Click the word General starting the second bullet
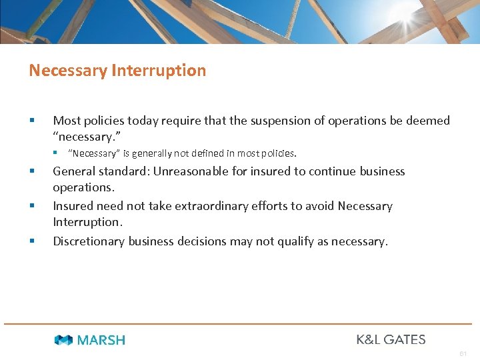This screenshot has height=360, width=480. pos(75,171)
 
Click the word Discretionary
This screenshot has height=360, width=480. pos(89,241)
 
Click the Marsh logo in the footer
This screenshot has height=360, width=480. pos(89,340)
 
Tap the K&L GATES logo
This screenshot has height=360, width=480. pos(391,339)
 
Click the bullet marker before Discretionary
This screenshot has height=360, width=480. pos(32,241)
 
